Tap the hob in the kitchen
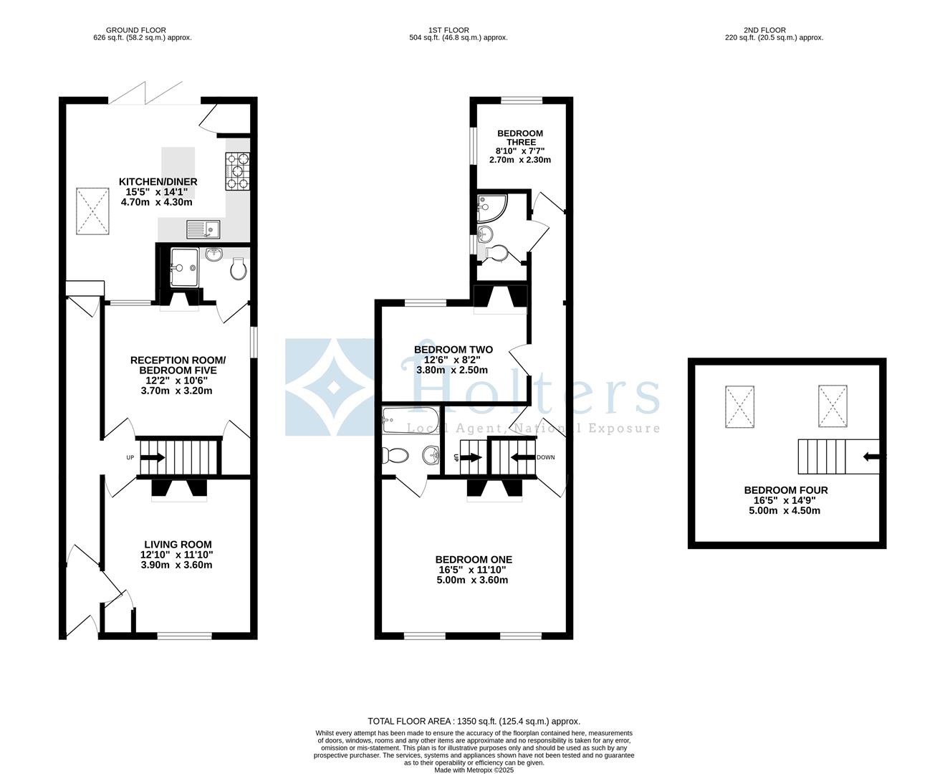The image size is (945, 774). tap(238, 172)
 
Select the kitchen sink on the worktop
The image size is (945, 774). tap(204, 229)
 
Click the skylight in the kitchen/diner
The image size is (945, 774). tap(93, 209)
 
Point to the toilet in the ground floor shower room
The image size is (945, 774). tap(239, 269)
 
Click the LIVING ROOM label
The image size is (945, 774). tap(177, 545)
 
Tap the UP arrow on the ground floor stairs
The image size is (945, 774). tap(150, 457)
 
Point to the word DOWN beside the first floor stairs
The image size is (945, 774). tap(545, 457)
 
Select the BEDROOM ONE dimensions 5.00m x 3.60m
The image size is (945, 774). tap(473, 580)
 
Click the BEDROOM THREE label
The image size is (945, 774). tap(520, 138)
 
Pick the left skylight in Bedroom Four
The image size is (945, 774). tap(739, 406)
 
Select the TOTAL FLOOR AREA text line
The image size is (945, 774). tap(474, 721)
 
